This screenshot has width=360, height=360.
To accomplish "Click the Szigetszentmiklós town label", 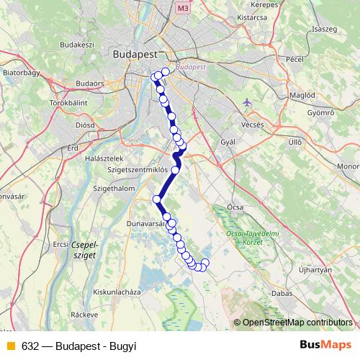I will [137, 169].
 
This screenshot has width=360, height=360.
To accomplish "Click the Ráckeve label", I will [84, 315].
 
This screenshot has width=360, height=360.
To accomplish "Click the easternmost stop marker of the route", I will [205, 263].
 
